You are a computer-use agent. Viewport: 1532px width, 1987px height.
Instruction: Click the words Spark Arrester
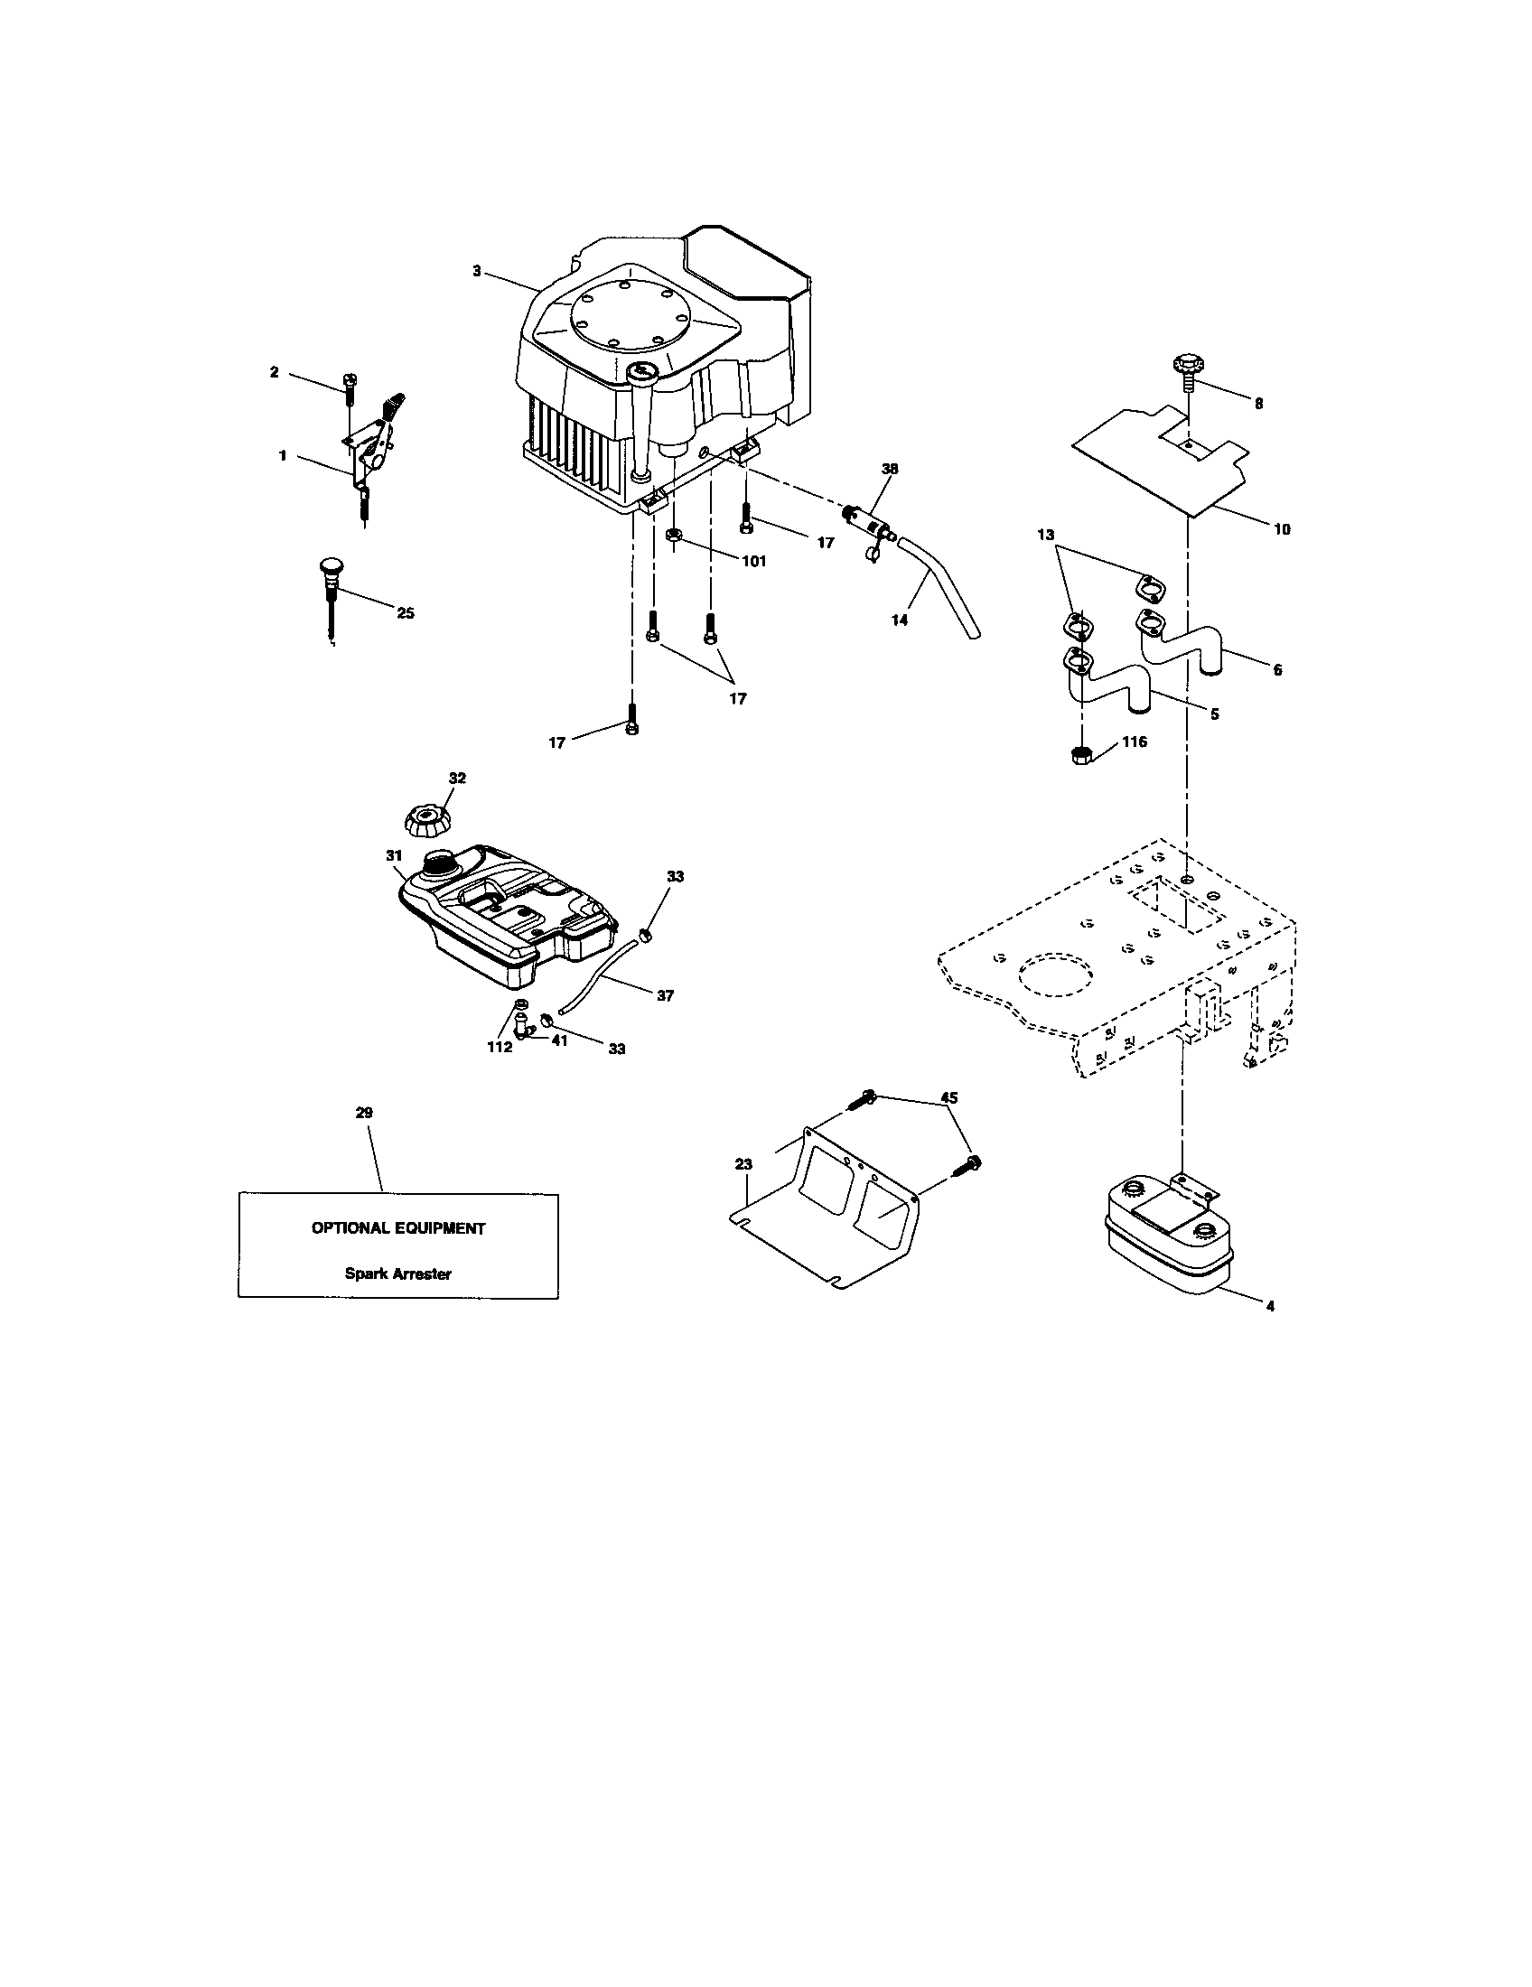(397, 1273)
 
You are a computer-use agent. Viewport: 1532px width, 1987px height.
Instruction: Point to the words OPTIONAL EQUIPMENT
(398, 1228)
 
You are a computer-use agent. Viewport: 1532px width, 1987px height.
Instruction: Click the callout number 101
(753, 562)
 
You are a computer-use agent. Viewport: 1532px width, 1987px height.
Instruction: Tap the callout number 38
(890, 470)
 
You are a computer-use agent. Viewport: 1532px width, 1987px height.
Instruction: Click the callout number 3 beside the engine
(477, 270)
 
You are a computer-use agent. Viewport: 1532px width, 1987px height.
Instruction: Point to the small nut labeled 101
(673, 535)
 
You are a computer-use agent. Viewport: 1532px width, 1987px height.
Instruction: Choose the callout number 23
(744, 1163)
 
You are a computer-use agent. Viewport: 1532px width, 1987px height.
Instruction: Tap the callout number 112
(500, 1046)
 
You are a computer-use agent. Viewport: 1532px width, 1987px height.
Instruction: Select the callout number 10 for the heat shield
(1281, 528)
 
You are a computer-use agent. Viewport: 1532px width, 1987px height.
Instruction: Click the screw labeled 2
(350, 394)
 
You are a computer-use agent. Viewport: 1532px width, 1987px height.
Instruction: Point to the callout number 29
(364, 1113)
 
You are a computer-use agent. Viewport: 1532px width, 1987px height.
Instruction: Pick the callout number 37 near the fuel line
(665, 995)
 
